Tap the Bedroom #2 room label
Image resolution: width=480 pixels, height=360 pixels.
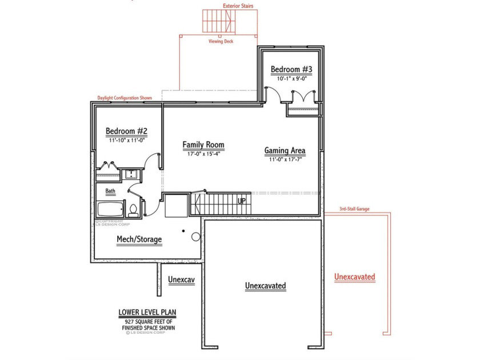click(126, 130)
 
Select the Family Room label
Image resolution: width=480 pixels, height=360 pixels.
click(203, 145)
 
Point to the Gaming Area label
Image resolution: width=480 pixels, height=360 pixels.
click(285, 150)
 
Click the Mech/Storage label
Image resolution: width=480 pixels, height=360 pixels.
click(139, 239)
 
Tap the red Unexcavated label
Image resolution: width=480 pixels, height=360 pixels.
click(355, 277)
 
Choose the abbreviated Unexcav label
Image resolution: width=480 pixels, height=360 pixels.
click(182, 279)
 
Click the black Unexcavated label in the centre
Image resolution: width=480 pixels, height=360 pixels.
click(266, 285)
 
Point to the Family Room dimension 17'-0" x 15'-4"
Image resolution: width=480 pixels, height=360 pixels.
click(203, 153)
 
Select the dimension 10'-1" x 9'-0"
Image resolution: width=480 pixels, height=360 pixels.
click(291, 79)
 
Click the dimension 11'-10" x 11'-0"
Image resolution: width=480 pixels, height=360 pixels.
click(126, 139)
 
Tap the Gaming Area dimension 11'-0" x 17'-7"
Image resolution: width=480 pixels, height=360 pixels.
click(285, 159)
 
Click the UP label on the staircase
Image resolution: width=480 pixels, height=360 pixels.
click(242, 201)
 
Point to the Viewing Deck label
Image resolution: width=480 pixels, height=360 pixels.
click(220, 41)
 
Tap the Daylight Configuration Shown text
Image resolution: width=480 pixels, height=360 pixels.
click(125, 98)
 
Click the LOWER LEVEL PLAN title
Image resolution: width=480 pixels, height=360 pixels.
click(147, 313)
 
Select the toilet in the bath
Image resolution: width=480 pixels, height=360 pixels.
click(133, 210)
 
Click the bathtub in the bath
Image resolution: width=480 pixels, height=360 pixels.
click(109, 209)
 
